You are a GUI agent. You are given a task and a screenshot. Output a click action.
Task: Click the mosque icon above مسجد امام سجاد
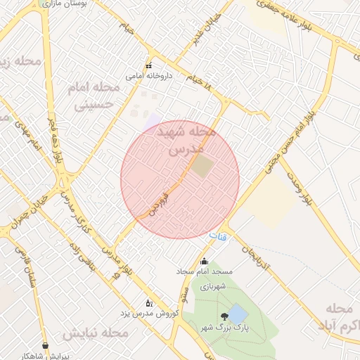[204, 262]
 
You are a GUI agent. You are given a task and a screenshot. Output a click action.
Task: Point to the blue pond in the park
[238, 314]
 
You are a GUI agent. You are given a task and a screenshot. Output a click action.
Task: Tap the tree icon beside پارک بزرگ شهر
[224, 317]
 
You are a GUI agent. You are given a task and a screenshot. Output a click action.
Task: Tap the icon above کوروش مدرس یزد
[148, 303]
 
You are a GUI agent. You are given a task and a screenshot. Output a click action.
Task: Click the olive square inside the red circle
[202, 167]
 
